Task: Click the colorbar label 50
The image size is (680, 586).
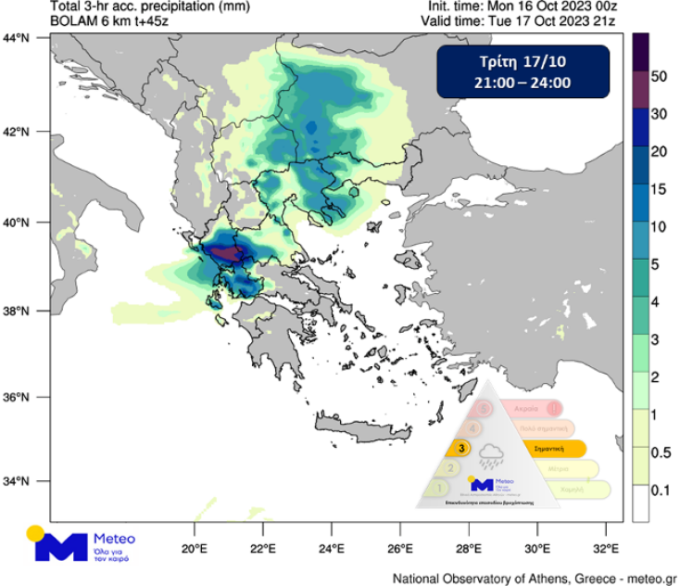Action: coord(659,77)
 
